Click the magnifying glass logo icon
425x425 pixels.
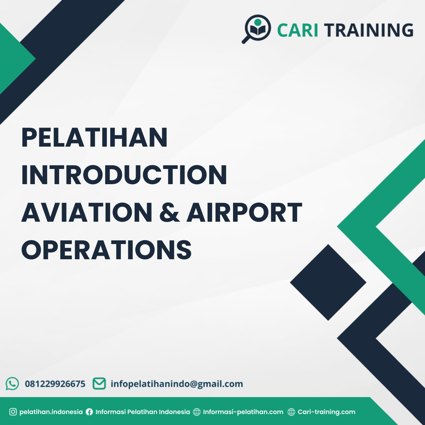pyautogui.click(x=256, y=29)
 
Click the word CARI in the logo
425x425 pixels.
pyautogui.click(x=297, y=30)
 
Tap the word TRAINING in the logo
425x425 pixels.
pyautogui.click(x=369, y=30)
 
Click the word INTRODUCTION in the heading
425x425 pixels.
pyautogui.click(x=124, y=175)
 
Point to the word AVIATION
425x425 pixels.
pyautogui.click(x=87, y=213)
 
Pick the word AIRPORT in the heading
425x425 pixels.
pyautogui.click(x=244, y=213)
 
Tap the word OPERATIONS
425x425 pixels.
pyautogui.click(x=107, y=250)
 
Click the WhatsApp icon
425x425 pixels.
pyautogui.click(x=12, y=384)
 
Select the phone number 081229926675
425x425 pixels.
pyautogui.click(x=55, y=384)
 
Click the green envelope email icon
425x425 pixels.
pyautogui.click(x=99, y=383)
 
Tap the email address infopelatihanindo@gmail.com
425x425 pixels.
pyautogui.click(x=177, y=384)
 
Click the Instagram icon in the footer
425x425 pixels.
pyautogui.click(x=13, y=412)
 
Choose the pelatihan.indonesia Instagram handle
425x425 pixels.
pyautogui.click(x=51, y=412)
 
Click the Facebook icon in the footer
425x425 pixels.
pyautogui.click(x=89, y=412)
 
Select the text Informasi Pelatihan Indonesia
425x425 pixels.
pyautogui.click(x=143, y=412)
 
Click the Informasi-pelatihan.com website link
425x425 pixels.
pyautogui.click(x=243, y=412)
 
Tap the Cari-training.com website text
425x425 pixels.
pyautogui.click(x=326, y=412)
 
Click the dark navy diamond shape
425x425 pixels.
pyautogui.click(x=328, y=282)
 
